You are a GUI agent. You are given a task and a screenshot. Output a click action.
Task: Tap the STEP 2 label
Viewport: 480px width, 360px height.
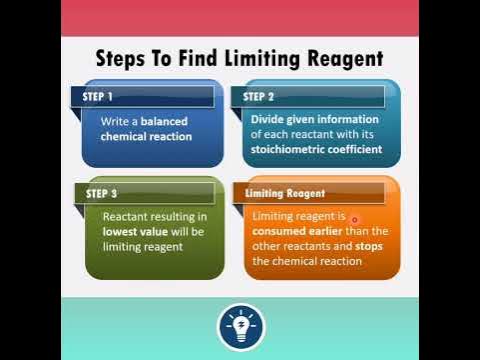pos(259,97)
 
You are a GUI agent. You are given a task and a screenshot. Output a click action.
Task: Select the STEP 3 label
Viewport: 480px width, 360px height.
pos(102,193)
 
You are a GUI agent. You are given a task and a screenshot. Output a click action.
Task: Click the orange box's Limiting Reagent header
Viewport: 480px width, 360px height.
pos(285,193)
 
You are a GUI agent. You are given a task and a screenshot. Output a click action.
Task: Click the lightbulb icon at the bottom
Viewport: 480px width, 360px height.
pos(240,326)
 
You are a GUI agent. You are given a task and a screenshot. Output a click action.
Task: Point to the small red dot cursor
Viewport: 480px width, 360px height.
pos(354,219)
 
